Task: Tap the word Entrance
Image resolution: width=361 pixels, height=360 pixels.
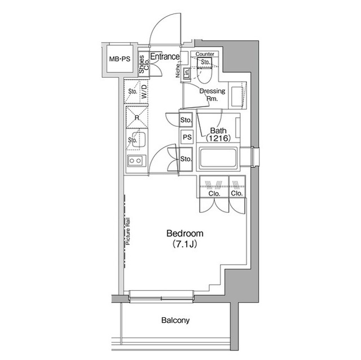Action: (x=165, y=57)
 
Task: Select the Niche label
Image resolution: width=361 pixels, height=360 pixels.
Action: (x=178, y=70)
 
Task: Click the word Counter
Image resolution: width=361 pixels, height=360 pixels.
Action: (x=205, y=54)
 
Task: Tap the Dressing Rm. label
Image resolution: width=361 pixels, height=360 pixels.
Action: (x=213, y=95)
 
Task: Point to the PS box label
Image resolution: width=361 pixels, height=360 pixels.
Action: (x=187, y=137)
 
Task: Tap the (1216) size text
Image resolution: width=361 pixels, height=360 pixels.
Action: (x=215, y=138)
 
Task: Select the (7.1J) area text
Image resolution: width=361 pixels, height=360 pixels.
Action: (x=184, y=244)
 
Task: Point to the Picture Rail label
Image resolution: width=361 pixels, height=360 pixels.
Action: (x=129, y=231)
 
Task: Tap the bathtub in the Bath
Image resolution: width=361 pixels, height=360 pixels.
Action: (x=217, y=160)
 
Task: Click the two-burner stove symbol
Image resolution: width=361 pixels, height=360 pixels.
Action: (x=136, y=161)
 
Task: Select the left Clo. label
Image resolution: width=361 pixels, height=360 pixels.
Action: (x=214, y=193)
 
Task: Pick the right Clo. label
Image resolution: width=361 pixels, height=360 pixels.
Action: (x=236, y=193)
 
